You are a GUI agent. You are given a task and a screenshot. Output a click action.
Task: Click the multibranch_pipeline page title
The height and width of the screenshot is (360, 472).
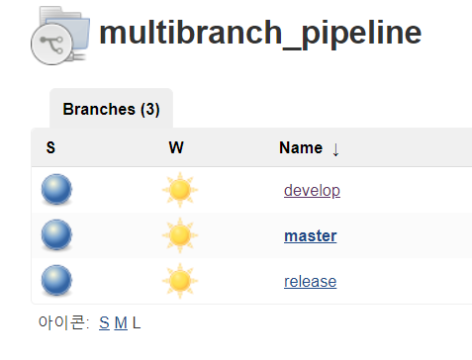click(x=260, y=34)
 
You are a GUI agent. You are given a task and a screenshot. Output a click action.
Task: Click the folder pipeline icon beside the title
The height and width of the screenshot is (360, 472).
click(x=60, y=36)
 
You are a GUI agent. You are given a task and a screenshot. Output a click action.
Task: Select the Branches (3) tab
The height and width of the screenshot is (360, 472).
click(x=111, y=109)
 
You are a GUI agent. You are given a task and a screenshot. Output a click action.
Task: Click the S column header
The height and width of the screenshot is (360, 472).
click(x=50, y=147)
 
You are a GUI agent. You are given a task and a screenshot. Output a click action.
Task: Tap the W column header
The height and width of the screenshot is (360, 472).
click(x=176, y=147)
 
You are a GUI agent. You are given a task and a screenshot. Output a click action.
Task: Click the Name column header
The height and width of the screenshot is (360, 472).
click(x=301, y=147)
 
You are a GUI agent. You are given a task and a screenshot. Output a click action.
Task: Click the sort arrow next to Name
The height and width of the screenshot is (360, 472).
click(x=335, y=150)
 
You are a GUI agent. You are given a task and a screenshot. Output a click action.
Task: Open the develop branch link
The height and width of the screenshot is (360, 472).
click(x=312, y=191)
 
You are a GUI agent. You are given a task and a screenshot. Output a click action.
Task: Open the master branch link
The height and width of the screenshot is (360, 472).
click(x=311, y=236)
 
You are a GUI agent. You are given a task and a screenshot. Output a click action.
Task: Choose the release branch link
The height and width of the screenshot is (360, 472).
click(x=311, y=282)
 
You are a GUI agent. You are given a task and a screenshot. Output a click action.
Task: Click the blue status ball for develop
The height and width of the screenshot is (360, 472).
click(x=56, y=190)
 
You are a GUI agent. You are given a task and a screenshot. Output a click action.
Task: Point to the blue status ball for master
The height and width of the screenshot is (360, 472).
click(x=56, y=235)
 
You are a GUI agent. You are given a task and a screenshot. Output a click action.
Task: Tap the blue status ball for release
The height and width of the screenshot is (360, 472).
click(x=56, y=281)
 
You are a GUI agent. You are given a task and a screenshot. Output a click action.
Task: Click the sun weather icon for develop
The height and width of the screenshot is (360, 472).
click(x=180, y=190)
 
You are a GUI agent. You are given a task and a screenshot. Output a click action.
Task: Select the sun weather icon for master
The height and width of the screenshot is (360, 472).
click(x=180, y=235)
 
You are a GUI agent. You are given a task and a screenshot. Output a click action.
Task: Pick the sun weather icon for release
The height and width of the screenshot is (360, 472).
click(x=180, y=281)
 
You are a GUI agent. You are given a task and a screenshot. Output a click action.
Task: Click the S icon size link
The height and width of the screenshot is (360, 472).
click(x=104, y=322)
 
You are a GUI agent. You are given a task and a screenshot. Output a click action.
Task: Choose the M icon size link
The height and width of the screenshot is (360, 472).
click(x=121, y=322)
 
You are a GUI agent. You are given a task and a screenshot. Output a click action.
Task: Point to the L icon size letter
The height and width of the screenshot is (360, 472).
click(x=137, y=322)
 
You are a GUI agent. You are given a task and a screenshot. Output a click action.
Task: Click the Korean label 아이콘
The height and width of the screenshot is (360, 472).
click(x=61, y=322)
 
